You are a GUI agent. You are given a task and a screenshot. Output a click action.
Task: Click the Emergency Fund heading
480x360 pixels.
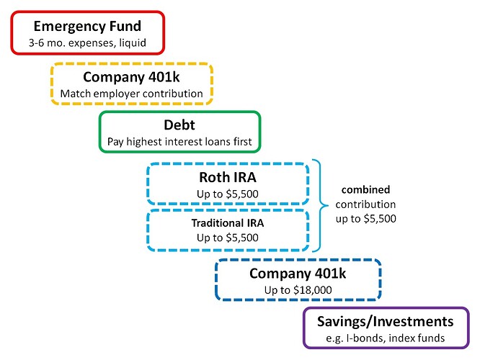[87, 27]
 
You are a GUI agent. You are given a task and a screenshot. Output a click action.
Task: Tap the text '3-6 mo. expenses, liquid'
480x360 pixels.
[87, 42]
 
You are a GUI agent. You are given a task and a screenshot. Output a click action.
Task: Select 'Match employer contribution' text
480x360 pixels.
[132, 94]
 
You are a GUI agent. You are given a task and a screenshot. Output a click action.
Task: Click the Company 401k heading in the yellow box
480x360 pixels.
[131, 77]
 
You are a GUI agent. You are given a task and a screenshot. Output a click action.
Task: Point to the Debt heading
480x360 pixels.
[179, 125]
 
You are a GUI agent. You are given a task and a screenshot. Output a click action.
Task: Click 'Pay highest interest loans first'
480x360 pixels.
[179, 142]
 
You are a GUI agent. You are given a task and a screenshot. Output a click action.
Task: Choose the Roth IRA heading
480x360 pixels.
[228, 177]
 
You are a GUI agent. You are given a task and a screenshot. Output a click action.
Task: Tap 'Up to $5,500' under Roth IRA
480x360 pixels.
[228, 194]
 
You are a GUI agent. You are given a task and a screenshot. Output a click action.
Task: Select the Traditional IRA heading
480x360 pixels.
[228, 223]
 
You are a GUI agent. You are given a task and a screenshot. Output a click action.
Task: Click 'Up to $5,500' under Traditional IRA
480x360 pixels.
[228, 238]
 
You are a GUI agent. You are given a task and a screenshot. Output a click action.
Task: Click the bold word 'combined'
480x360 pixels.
[366, 189]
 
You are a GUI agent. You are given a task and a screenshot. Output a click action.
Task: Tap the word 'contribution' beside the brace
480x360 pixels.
[366, 204]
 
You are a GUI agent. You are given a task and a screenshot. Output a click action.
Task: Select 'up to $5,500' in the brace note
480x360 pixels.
[366, 219]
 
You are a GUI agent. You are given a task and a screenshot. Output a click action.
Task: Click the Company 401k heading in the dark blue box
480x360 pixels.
[298, 274]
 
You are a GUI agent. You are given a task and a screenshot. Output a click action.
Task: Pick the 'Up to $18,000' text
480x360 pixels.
[298, 290]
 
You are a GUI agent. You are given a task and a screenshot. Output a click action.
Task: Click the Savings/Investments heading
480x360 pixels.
[386, 322]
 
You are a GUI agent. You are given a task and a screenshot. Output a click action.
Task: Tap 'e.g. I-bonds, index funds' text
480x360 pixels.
[386, 338]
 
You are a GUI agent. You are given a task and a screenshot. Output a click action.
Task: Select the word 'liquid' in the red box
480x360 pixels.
[133, 42]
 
